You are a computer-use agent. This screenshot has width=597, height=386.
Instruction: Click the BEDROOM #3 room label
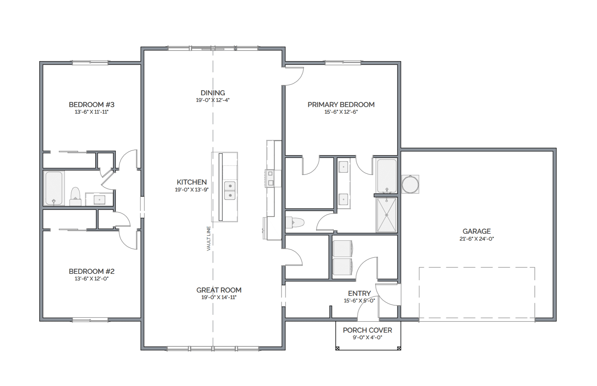click(92, 105)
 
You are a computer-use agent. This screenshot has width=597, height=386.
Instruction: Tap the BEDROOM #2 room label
click(92, 271)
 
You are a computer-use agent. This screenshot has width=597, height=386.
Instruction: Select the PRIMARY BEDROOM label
click(341, 105)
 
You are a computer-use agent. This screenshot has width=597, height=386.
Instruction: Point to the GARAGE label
click(477, 231)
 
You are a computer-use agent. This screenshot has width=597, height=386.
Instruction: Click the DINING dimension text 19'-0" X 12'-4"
click(213, 100)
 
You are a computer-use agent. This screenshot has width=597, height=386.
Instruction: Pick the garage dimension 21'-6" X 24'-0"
click(477, 239)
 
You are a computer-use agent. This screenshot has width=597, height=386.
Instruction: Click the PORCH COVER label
click(368, 330)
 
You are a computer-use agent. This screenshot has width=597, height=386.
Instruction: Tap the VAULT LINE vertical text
click(209, 239)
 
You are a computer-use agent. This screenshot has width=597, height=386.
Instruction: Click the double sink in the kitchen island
click(230, 191)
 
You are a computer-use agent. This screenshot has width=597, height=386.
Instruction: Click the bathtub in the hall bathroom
click(54, 188)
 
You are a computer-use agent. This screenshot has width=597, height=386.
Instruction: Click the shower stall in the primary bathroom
click(387, 215)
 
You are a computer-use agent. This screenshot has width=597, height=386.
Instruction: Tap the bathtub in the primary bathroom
click(387, 176)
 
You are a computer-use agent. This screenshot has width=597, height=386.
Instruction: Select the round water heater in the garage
click(410, 184)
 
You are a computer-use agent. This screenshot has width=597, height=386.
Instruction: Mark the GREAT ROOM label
click(219, 290)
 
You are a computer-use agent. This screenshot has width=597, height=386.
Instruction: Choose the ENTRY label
click(359, 293)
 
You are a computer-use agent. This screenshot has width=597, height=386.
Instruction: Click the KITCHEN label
click(192, 182)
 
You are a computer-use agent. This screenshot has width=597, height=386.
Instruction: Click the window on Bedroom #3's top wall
click(90, 63)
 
